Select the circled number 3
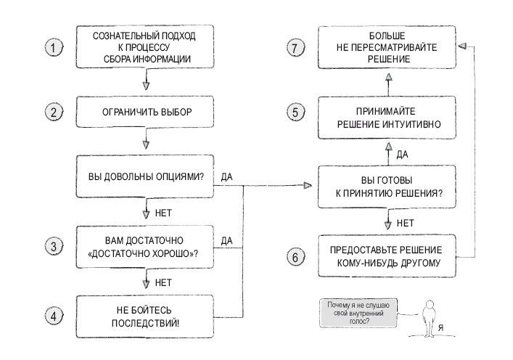[x=54, y=247]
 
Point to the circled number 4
[x=54, y=317]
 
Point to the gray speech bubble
[x=358, y=313]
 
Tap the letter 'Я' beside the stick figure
[x=442, y=327]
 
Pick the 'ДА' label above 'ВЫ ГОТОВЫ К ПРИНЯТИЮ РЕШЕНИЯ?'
[x=403, y=154]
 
